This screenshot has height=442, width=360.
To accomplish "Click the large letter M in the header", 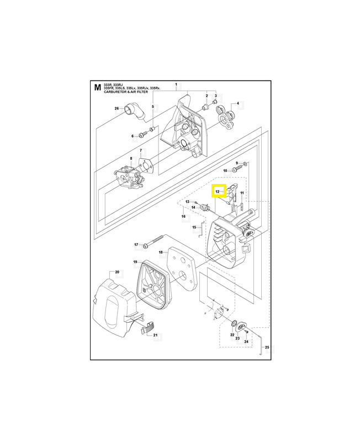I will pos(98,87).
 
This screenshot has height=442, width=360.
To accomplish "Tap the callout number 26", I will pos(117,108).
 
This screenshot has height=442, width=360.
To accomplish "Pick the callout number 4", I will pos(238,103).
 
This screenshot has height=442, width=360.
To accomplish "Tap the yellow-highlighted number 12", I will pos(218,191).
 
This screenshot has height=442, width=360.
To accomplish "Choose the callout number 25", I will pos(267,348).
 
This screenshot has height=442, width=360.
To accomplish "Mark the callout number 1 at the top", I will pos(176,85).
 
